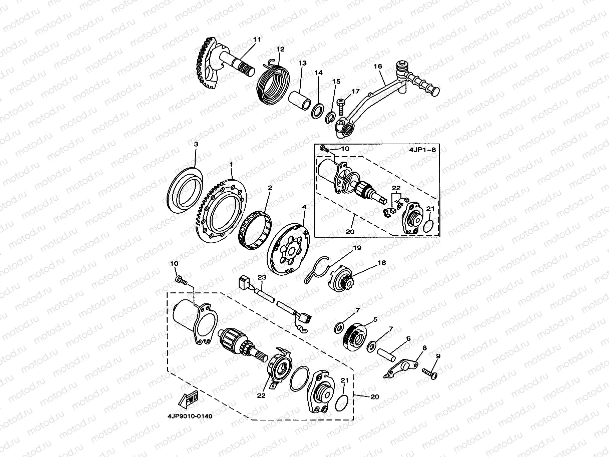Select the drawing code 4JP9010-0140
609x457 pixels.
(190, 416)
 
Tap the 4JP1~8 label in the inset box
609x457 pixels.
(422, 150)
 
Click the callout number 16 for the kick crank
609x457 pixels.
(378, 66)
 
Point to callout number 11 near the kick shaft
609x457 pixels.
(257, 40)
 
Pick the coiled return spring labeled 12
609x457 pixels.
(272, 81)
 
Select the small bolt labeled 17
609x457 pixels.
(341, 107)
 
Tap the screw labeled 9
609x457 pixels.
(430, 372)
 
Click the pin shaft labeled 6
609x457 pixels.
(386, 355)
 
